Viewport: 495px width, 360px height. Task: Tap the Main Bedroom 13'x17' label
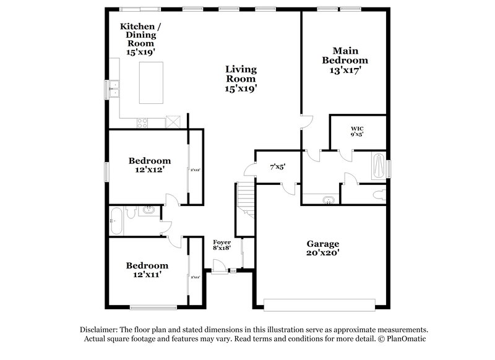(345, 61)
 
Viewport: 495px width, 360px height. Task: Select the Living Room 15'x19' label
(241, 79)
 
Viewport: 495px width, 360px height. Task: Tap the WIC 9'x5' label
(357, 131)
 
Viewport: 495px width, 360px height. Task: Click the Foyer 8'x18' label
(222, 245)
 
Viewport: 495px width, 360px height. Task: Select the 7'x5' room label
(277, 166)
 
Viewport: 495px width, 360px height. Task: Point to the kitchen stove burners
(140, 122)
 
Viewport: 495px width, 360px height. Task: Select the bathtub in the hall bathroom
(116, 221)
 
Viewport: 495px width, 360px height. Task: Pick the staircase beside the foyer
(245, 199)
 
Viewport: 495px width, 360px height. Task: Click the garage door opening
(319, 304)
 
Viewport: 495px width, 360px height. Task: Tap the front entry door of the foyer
(218, 266)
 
